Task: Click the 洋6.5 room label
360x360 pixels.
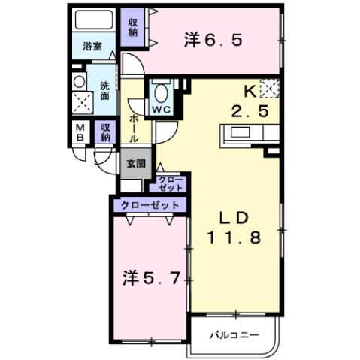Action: coord(213,41)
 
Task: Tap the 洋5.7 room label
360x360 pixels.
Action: coord(150,279)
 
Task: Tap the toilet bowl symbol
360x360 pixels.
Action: coord(159,93)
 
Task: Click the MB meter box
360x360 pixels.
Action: coord(80,133)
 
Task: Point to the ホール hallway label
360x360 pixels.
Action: coord(134,129)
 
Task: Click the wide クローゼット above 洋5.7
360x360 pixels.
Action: coord(149,204)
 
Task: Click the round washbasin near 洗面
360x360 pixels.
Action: coord(79,81)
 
